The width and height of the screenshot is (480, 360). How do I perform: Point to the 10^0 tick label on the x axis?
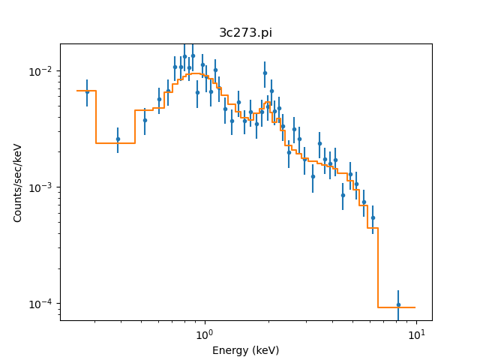click(203, 332)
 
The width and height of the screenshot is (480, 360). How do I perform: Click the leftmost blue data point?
click(87, 91)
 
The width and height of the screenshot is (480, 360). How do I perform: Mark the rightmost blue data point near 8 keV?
click(398, 304)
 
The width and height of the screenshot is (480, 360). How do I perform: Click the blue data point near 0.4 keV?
click(118, 139)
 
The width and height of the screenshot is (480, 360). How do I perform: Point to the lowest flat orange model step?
click(396, 307)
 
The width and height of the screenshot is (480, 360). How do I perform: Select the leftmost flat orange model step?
click(86, 91)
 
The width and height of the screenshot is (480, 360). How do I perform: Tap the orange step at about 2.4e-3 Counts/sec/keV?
click(115, 142)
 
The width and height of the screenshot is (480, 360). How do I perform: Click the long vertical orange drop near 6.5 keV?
click(378, 267)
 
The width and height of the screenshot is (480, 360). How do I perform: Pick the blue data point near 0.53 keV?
click(145, 120)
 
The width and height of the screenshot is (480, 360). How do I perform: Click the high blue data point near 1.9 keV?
click(265, 73)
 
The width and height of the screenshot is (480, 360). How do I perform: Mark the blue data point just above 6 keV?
click(373, 217)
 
